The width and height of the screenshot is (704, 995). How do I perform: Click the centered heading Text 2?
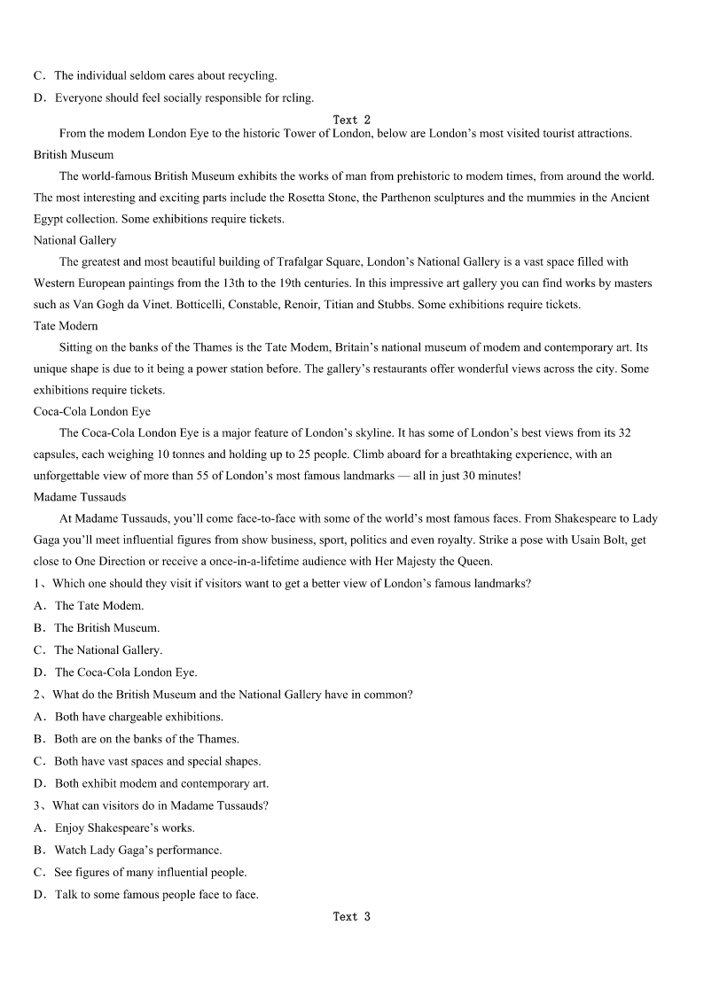(351, 120)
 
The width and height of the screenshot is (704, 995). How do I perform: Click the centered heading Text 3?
(351, 916)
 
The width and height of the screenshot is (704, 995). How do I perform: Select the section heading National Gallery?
(74, 240)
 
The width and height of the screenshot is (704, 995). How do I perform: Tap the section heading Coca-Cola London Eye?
(92, 411)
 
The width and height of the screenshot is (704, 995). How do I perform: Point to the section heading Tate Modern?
(66, 326)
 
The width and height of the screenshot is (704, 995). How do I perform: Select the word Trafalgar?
(300, 261)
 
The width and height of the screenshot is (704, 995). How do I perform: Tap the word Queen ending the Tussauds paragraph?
(474, 561)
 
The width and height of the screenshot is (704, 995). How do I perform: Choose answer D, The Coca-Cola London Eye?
(125, 672)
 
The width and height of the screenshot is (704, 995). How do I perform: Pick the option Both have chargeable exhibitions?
(138, 717)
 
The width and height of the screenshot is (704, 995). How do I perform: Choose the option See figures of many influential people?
(150, 872)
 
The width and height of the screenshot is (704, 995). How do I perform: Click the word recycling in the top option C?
(248, 75)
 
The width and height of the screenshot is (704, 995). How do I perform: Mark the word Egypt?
(51, 219)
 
